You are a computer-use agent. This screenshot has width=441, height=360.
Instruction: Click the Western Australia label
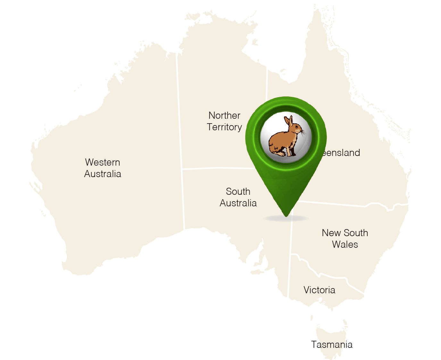pos(103,168)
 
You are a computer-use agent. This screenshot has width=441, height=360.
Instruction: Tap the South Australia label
pos(238,197)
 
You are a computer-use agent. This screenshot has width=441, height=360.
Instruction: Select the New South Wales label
pos(345,239)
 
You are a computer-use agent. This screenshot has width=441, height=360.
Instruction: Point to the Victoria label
pos(319,290)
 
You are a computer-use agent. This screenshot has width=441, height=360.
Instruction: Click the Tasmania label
pos(332,345)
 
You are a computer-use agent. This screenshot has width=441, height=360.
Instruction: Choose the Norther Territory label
pos(224,121)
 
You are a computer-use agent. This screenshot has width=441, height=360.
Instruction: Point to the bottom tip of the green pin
pos(286,215)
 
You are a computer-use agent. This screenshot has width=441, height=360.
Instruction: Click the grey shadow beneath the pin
pos(286,219)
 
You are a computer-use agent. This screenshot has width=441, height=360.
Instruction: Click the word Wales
pos(345,244)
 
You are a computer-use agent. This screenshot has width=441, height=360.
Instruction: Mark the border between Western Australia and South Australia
pos(183,199)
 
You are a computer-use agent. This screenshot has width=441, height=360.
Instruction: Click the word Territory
pos(224,127)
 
